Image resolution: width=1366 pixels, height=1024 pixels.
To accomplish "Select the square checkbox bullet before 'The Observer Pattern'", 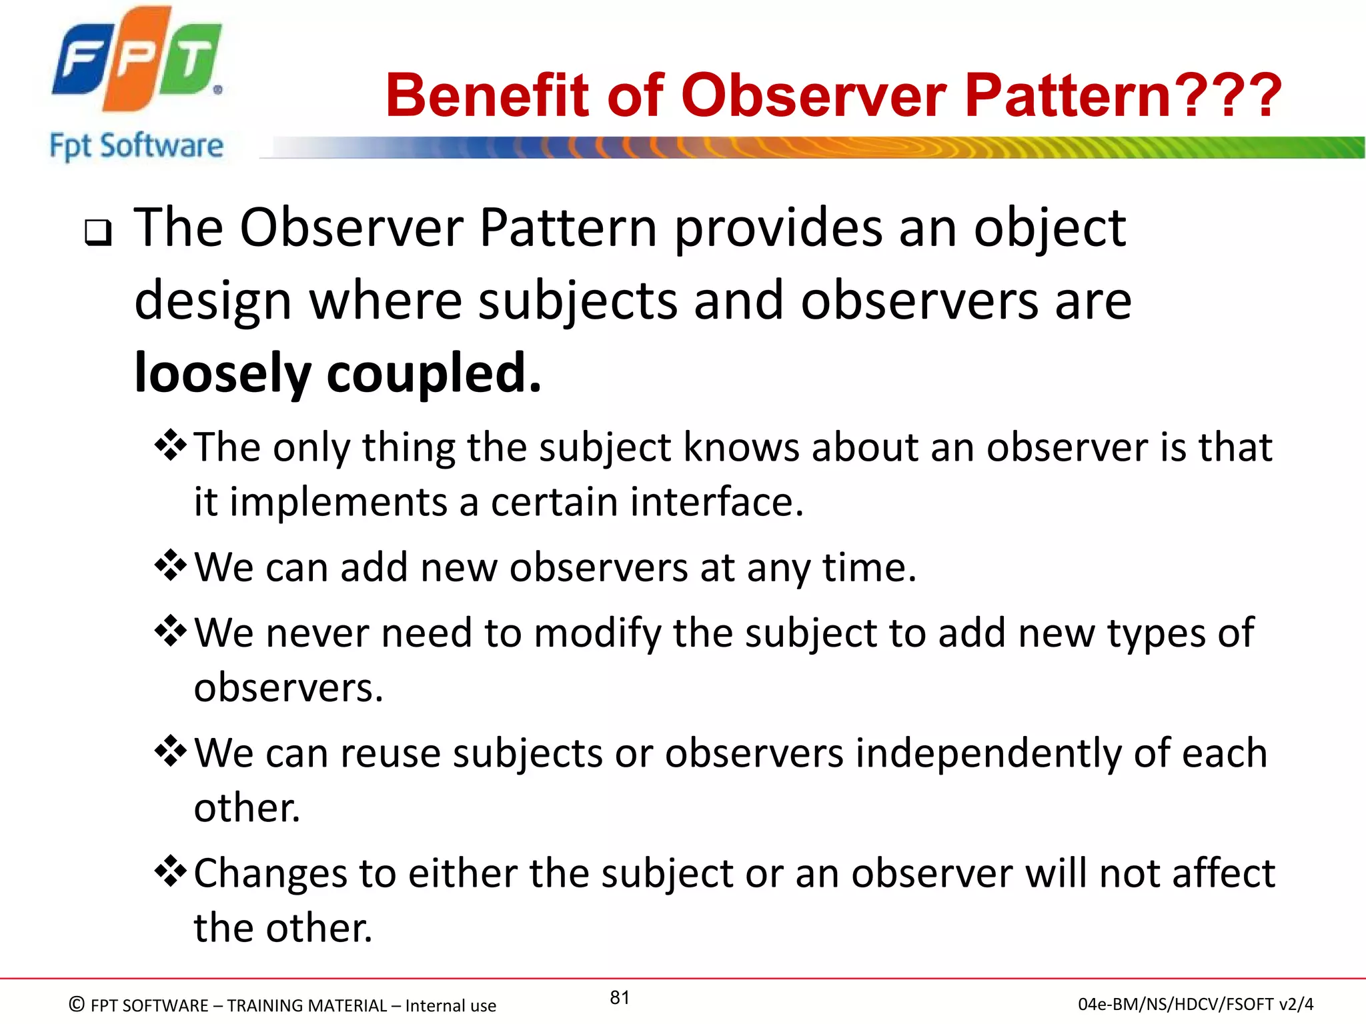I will [98, 233].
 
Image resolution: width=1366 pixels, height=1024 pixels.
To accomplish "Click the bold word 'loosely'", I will [222, 373].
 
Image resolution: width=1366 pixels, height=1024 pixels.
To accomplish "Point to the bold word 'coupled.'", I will [434, 373].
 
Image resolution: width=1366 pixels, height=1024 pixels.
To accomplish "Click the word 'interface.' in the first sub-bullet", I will [714, 501].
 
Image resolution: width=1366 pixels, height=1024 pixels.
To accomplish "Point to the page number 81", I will [620, 997].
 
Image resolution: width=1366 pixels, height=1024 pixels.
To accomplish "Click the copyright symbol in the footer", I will [77, 1004].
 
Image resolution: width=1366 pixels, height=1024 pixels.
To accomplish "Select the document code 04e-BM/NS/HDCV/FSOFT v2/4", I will [1195, 1004].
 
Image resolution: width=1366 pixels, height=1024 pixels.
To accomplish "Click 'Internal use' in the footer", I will [450, 1005].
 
